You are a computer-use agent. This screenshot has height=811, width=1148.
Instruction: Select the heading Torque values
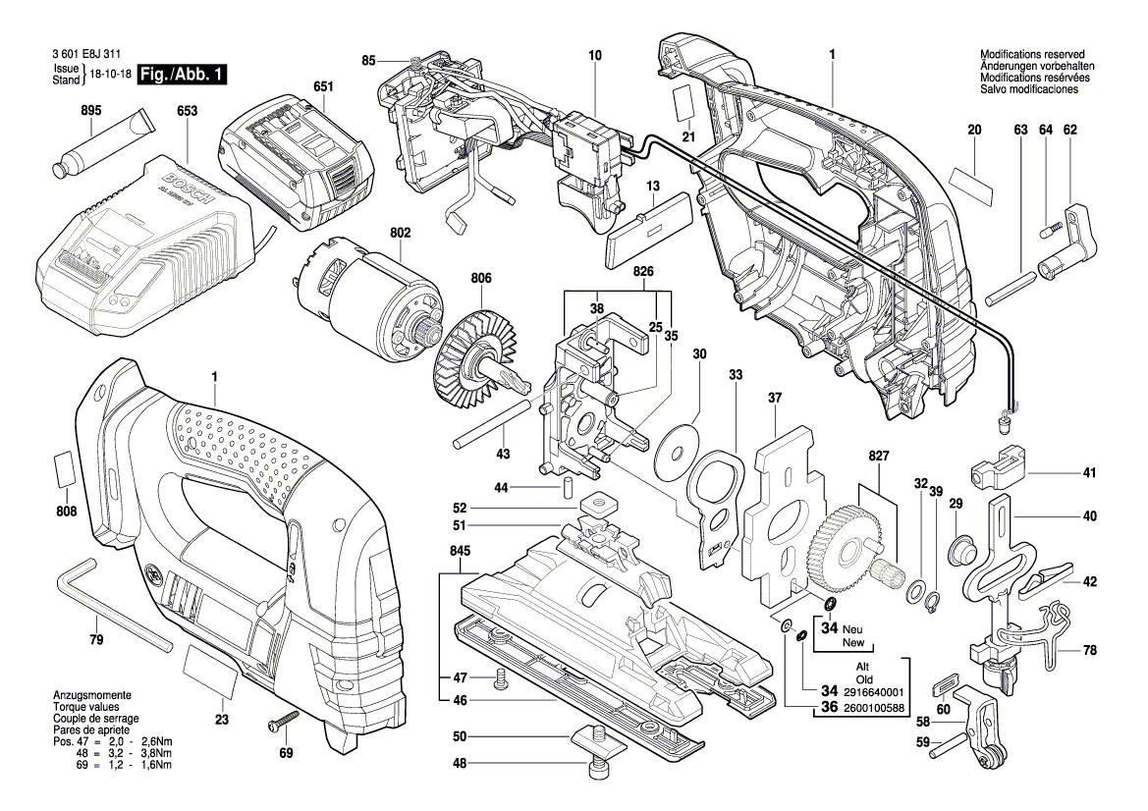pyautogui.click(x=87, y=706)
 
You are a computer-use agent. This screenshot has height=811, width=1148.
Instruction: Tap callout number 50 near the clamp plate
pyautogui.click(x=460, y=737)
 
